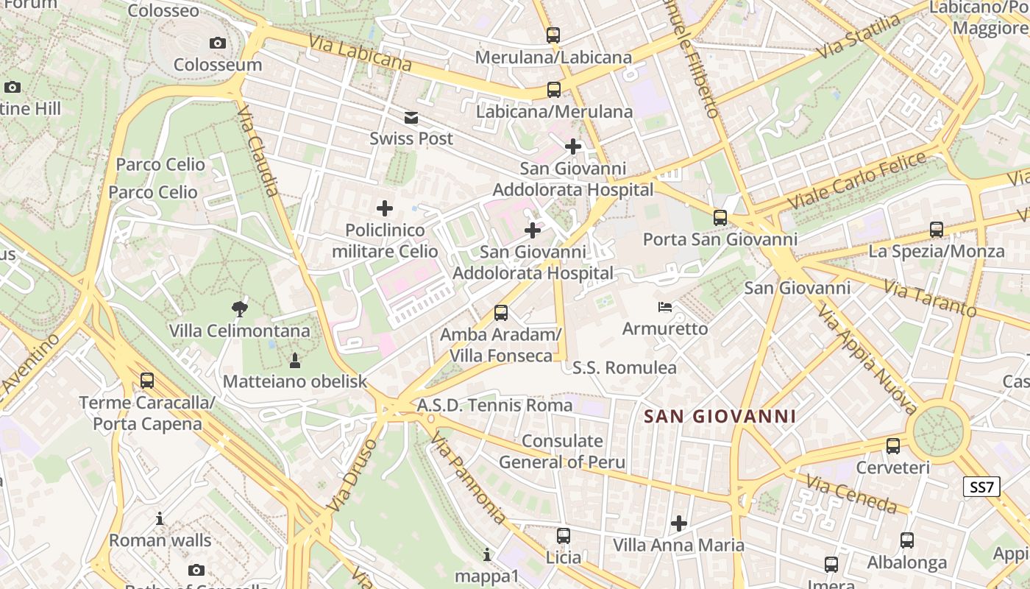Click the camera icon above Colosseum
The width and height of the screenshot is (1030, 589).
pyautogui.click(x=217, y=43)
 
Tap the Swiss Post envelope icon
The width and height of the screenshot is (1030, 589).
pyautogui.click(x=411, y=117)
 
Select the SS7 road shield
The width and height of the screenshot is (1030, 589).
pyautogui.click(x=981, y=487)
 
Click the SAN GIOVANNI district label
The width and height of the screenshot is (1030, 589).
pyautogui.click(x=720, y=417)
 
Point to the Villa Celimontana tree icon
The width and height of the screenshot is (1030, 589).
pyautogui.click(x=239, y=308)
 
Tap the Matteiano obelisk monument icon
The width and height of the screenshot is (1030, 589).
pyautogui.click(x=295, y=360)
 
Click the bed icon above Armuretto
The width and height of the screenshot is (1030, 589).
pyautogui.click(x=665, y=306)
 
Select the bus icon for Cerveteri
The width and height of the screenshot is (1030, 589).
pyautogui.click(x=893, y=445)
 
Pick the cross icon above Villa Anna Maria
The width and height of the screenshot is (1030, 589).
pyautogui.click(x=679, y=523)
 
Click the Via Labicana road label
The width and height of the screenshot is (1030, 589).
pyautogui.click(x=360, y=53)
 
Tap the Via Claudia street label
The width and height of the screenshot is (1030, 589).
pyautogui.click(x=258, y=151)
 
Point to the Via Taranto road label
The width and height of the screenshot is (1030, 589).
pyautogui.click(x=930, y=298)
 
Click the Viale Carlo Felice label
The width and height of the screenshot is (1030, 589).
pyautogui.click(x=857, y=180)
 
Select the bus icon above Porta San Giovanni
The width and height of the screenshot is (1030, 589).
pyautogui.click(x=720, y=218)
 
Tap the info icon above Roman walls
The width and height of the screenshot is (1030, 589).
pyautogui.click(x=160, y=518)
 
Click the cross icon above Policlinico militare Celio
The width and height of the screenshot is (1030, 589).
pyautogui.click(x=385, y=208)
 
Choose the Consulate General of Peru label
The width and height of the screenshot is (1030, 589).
pyautogui.click(x=562, y=451)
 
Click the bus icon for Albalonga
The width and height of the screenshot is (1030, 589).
pyautogui.click(x=907, y=540)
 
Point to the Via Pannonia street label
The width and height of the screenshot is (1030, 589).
pyautogui.click(x=468, y=478)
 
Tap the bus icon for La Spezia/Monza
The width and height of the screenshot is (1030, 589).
pyautogui.click(x=936, y=229)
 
